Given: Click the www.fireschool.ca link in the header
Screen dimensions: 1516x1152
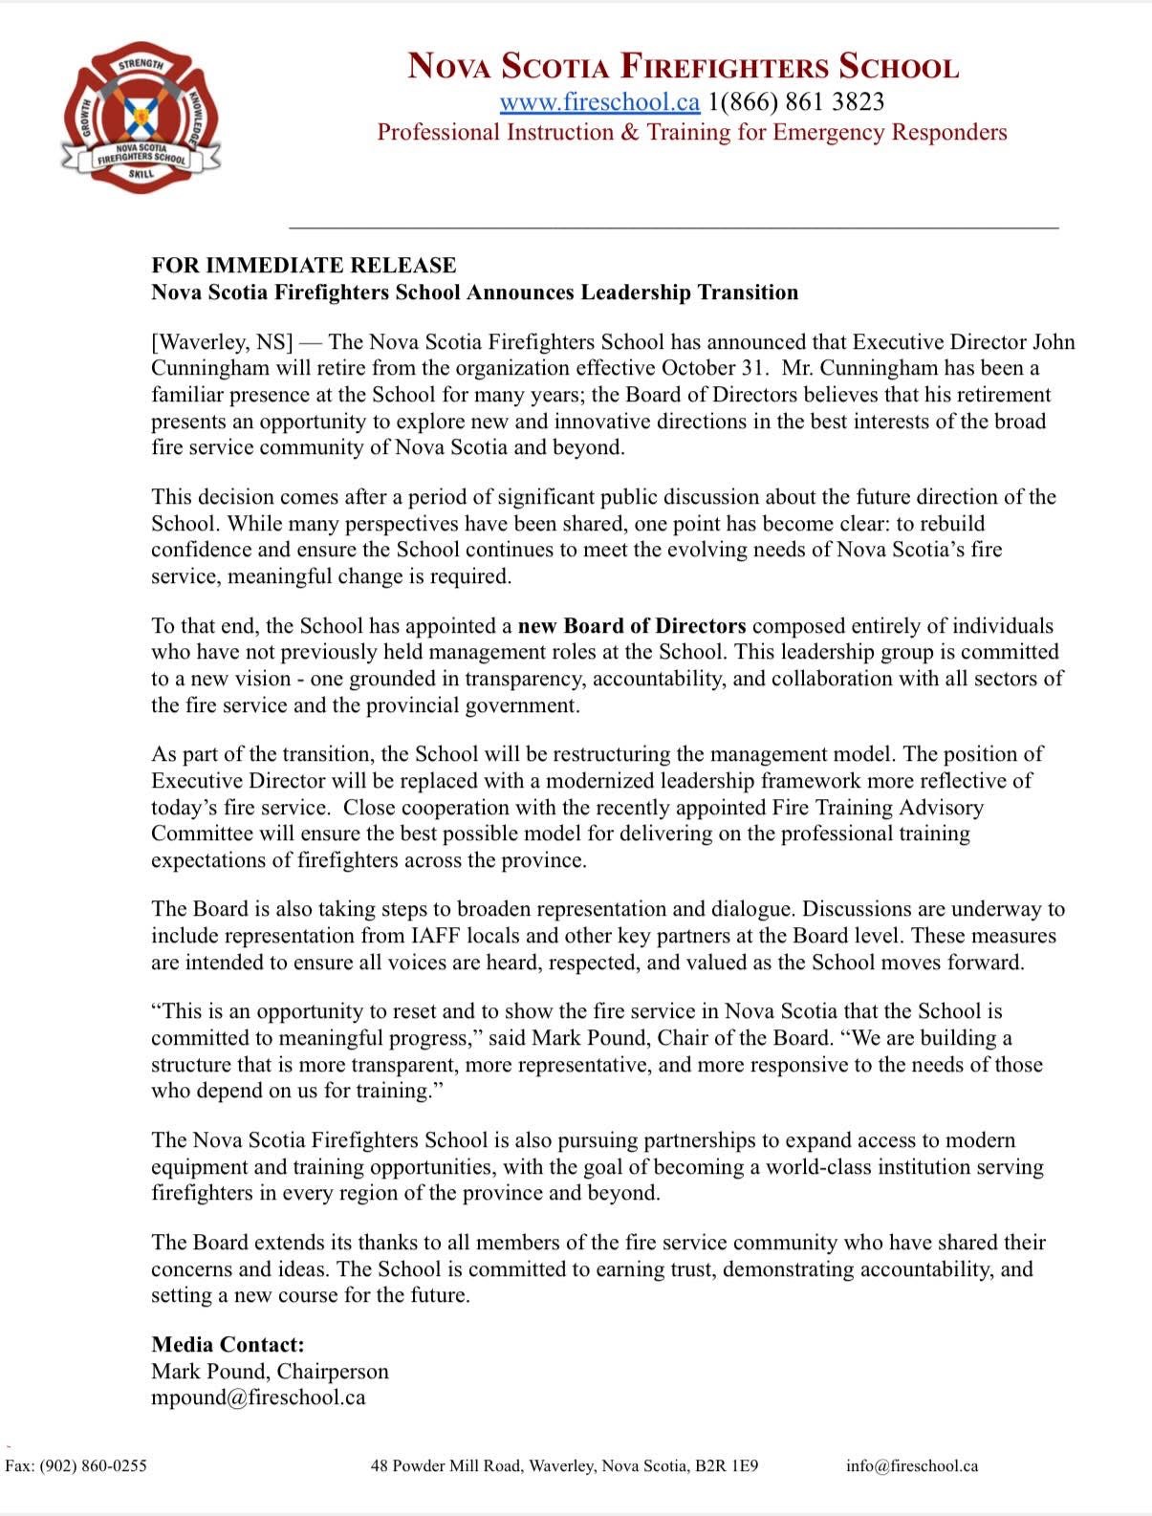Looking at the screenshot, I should pyautogui.click(x=599, y=101).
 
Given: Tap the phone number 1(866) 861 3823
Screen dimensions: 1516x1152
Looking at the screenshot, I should pyautogui.click(x=795, y=101).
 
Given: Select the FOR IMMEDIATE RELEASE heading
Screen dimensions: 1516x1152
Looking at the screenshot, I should pyautogui.click(x=303, y=265).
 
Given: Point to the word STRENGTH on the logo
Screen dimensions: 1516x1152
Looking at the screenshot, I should pyautogui.click(x=140, y=65).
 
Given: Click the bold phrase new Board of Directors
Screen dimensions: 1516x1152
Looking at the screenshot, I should pyautogui.click(x=631, y=626).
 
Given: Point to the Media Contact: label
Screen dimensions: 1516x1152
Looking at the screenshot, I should pyautogui.click(x=228, y=1345).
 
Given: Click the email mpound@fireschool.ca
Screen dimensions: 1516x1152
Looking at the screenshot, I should pyautogui.click(x=258, y=1397).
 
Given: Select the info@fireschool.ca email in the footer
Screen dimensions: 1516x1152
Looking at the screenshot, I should pyautogui.click(x=911, y=1465).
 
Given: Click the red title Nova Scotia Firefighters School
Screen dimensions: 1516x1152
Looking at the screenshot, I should pyautogui.click(x=683, y=67).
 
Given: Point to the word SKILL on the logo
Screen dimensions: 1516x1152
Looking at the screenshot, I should pyautogui.click(x=141, y=175).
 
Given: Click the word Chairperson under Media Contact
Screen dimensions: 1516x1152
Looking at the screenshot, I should pyautogui.click(x=333, y=1372).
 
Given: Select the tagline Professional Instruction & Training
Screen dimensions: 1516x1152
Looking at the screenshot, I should pyautogui.click(x=691, y=132).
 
